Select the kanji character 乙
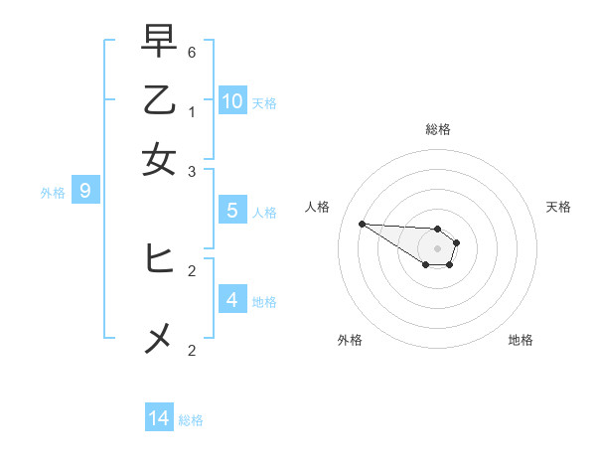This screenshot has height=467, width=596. pos(159,101)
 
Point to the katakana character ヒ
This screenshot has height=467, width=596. pos(159,258)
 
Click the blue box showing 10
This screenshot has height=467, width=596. pos(232,100)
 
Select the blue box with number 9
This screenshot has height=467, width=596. pos(85,191)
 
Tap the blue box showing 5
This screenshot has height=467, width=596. pos(232,211)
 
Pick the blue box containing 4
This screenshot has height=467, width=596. pos(232,299)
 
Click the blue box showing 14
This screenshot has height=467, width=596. pos(159,418)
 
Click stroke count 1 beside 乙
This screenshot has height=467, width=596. pos(192,112)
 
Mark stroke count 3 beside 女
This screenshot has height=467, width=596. pos(192,172)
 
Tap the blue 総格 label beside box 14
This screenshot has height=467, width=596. pos(191,420)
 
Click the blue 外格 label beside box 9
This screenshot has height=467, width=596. pos(52,193)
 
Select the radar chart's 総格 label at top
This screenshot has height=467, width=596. pos(438,129)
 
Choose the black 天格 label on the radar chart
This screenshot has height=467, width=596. pos(559,207)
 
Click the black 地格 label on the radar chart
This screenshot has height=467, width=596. pos(521,340)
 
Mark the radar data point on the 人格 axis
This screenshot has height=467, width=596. pos(362,224)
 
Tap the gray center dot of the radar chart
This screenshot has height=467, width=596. pos(437,248)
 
